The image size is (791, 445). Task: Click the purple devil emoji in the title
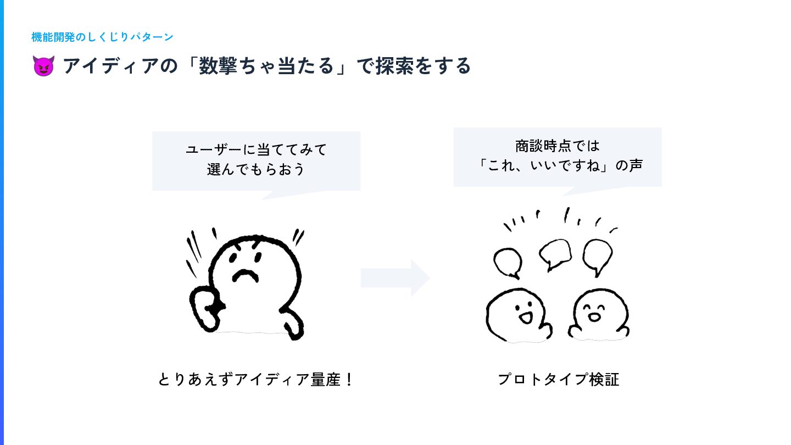(x=43, y=66)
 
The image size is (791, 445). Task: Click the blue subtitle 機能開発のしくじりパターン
(x=102, y=37)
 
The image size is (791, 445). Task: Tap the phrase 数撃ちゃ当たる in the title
(x=266, y=66)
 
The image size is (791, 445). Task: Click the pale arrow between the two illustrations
(x=395, y=278)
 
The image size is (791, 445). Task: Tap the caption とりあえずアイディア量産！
(x=255, y=380)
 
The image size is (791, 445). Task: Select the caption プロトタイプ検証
(x=558, y=380)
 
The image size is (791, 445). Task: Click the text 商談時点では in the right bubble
(x=558, y=147)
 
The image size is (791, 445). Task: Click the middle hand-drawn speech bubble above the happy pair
(x=555, y=253)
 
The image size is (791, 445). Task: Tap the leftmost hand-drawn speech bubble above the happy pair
(x=508, y=263)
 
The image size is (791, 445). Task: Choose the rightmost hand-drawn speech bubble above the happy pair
(x=597, y=255)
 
